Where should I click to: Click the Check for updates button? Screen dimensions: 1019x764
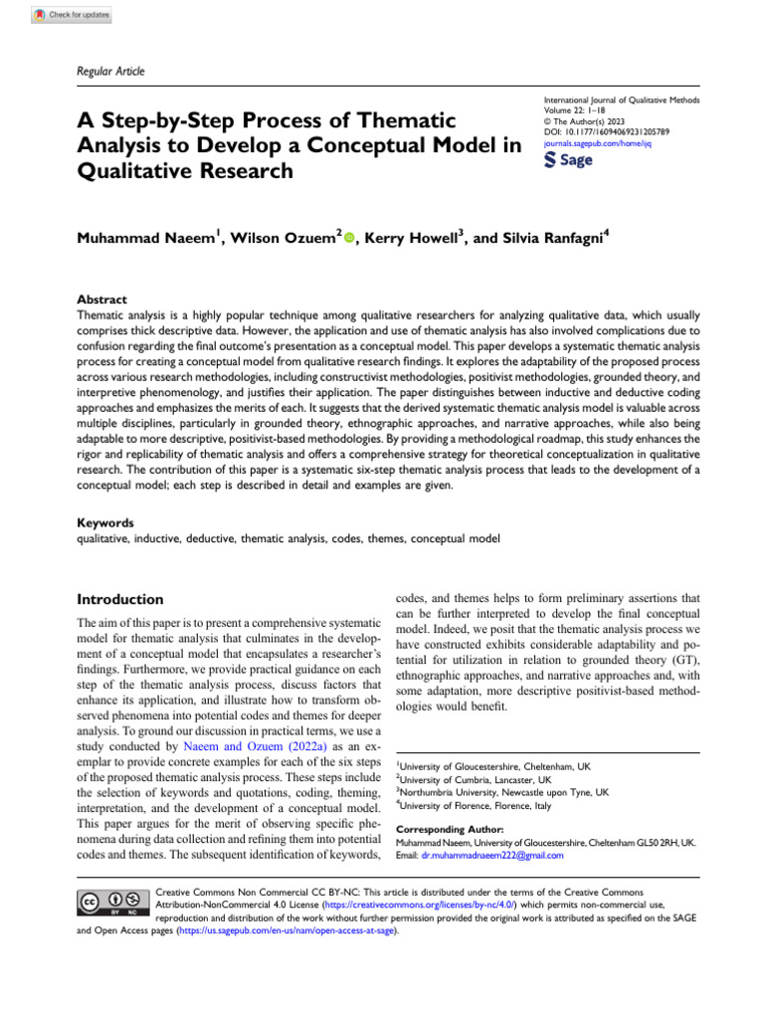[72, 15]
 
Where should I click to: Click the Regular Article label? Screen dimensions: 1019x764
[111, 71]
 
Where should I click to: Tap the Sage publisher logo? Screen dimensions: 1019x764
[569, 162]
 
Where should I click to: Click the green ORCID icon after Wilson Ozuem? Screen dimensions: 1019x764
[349, 240]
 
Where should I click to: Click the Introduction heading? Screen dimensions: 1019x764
[120, 599]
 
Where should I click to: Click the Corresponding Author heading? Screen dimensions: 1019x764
[450, 829]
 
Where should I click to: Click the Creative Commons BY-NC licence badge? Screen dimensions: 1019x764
[112, 901]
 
